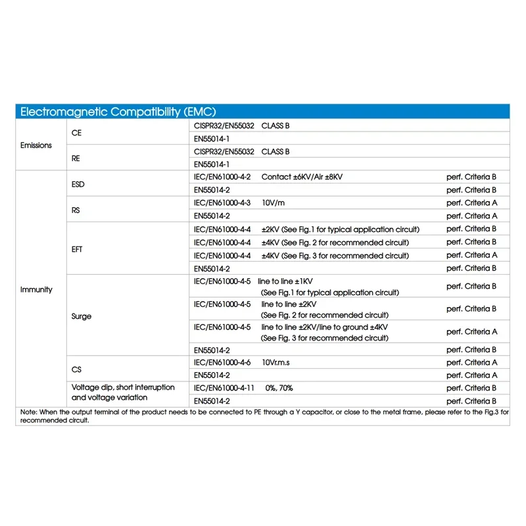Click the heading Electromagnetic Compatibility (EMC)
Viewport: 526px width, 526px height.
pyautogui.click(x=118, y=112)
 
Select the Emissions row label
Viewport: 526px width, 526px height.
pyautogui.click(x=36, y=145)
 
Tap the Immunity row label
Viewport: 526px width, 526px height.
pyautogui.click(x=36, y=289)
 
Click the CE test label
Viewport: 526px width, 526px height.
pyautogui.click(x=76, y=132)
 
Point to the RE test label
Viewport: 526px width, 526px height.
pyautogui.click(x=76, y=158)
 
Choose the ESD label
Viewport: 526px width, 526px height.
pyautogui.click(x=78, y=184)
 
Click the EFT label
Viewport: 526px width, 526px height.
pyautogui.click(x=77, y=249)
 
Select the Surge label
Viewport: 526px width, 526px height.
pyautogui.click(x=81, y=316)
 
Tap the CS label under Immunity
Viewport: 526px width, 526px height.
pyautogui.click(x=76, y=369)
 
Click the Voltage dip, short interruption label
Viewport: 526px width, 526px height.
pyautogui.click(x=123, y=387)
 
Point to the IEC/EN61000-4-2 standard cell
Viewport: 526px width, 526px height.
pyautogui.click(x=222, y=177)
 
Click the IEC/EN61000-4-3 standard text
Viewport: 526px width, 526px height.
pyautogui.click(x=222, y=203)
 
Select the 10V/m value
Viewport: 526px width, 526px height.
pyautogui.click(x=274, y=203)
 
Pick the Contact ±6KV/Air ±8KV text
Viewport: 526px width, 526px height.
pyautogui.click(x=302, y=177)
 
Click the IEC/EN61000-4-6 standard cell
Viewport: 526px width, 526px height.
pyautogui.click(x=222, y=362)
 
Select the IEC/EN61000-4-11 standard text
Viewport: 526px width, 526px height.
pyautogui.click(x=224, y=388)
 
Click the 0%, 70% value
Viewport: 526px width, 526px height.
pyautogui.click(x=279, y=388)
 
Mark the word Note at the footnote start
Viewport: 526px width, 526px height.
pyautogui.click(x=28, y=412)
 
